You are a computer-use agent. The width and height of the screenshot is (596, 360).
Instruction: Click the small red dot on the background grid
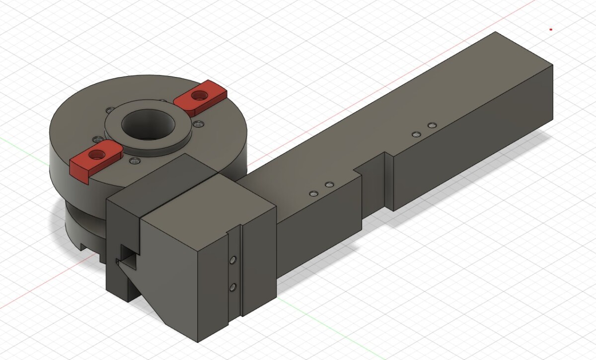coord(551,29)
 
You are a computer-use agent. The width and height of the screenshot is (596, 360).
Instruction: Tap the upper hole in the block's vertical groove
coord(231,260)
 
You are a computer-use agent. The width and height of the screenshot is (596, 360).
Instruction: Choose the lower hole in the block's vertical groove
coord(231,288)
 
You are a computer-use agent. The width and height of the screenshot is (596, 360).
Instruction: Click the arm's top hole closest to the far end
coord(432,124)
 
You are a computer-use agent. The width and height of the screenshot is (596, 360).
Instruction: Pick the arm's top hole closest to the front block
coord(312,193)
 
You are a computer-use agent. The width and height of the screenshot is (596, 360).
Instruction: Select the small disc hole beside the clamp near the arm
coord(199,124)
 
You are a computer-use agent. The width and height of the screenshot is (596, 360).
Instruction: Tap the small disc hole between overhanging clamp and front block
coord(133,161)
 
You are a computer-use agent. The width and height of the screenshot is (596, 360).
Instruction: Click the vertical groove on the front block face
coord(241,268)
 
